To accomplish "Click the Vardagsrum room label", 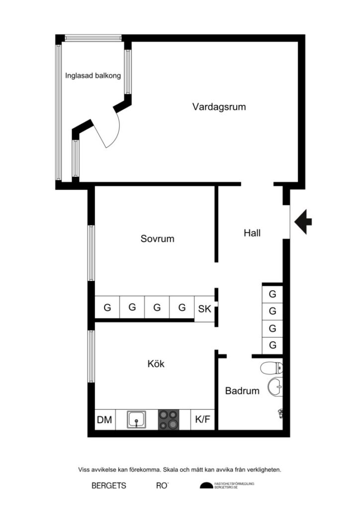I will pyautogui.click(x=219, y=106).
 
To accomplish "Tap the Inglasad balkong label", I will pyautogui.click(x=93, y=76).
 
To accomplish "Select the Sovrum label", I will pyautogui.click(x=157, y=239).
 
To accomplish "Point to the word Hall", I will pyautogui.click(x=252, y=233).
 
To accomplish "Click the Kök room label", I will pyautogui.click(x=156, y=364).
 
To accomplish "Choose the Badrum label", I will pyautogui.click(x=242, y=391).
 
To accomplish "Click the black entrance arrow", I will pyautogui.click(x=303, y=220).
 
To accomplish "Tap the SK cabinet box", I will pyautogui.click(x=204, y=309).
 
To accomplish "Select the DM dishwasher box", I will pyautogui.click(x=104, y=420).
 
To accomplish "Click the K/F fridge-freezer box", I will pyautogui.click(x=203, y=420).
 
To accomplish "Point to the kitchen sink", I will pyautogui.click(x=137, y=420).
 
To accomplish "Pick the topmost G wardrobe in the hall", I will pyautogui.click(x=272, y=294).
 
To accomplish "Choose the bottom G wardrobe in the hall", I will pyautogui.click(x=272, y=345).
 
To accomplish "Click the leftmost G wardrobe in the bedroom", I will pyautogui.click(x=107, y=308).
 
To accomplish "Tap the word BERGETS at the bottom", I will pyautogui.click(x=109, y=486).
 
